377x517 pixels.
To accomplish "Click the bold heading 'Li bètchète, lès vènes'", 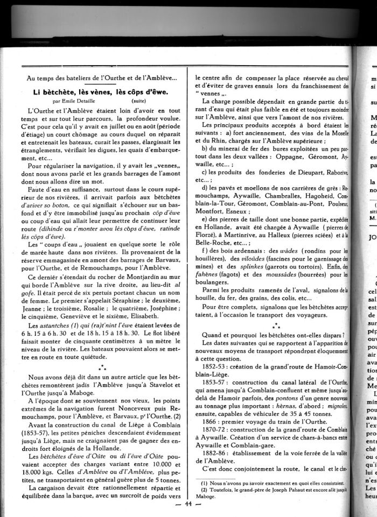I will (100, 91).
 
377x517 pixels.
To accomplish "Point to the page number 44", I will (188, 504).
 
